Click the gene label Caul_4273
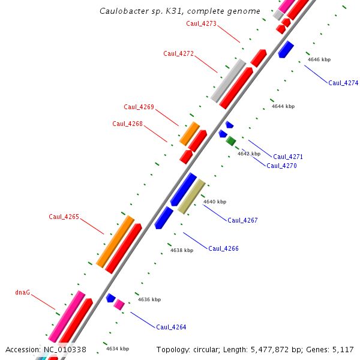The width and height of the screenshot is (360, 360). coord(201,24)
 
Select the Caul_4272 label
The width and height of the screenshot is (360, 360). coord(178,54)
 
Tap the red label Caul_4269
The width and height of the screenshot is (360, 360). coord(139,107)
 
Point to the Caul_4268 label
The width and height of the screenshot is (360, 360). coord(127,124)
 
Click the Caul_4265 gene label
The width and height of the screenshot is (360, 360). coord(64,217)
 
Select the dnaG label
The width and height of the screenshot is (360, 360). coord(22,293)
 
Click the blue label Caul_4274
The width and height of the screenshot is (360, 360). coord(343,83)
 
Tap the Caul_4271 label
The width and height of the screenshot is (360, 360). coord(288,157)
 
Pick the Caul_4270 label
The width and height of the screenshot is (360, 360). coord(281,166)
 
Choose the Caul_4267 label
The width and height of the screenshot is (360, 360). coord(242,221)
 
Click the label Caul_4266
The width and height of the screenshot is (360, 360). coord(223,248)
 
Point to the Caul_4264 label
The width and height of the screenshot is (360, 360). coord(171,328)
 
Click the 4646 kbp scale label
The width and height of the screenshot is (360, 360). coord(319,59)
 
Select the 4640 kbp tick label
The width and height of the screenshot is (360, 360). coord(215,202)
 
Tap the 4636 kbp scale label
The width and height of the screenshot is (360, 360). coord(149,299)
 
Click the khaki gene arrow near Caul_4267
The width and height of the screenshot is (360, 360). coord(191,196)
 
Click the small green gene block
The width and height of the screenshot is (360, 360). coord(231,141)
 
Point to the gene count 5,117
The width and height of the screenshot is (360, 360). coord(341,349)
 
